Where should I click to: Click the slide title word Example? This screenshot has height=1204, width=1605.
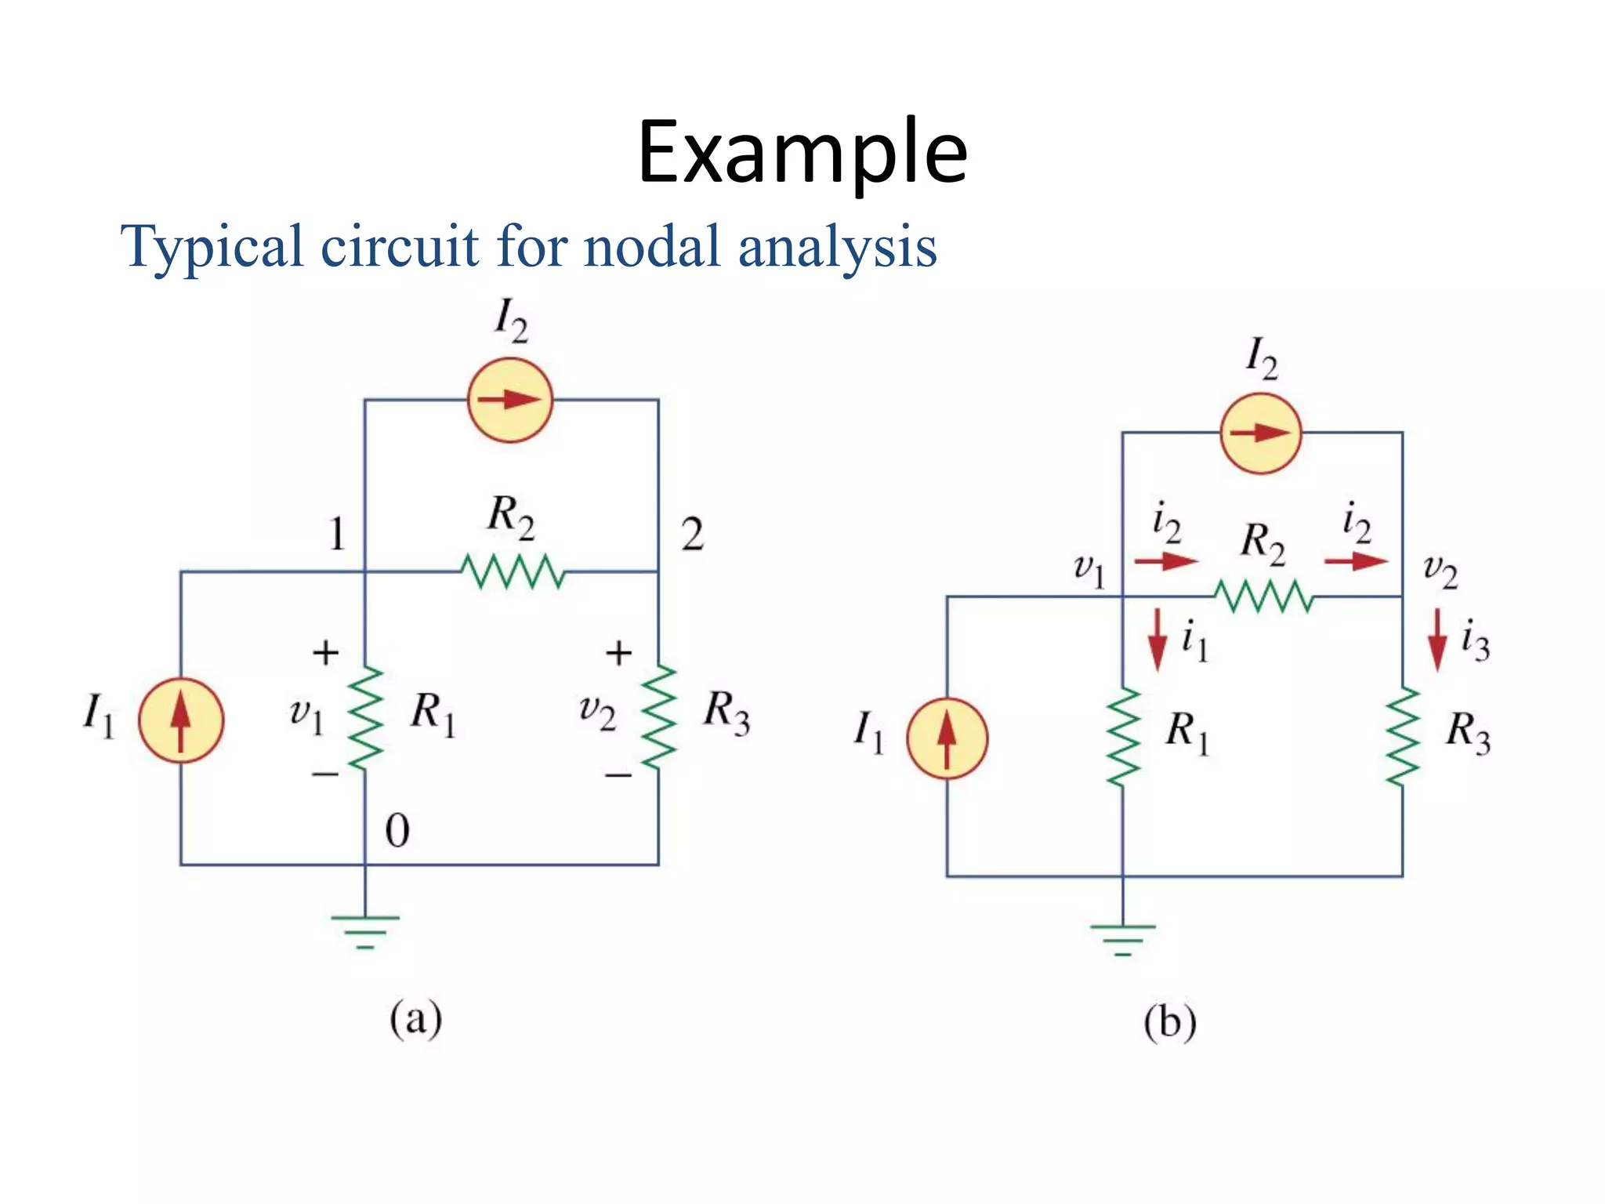pyautogui.click(x=802, y=153)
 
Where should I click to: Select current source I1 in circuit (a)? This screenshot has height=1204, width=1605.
pyautogui.click(x=181, y=720)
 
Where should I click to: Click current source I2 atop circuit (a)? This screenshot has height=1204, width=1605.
pyautogui.click(x=510, y=400)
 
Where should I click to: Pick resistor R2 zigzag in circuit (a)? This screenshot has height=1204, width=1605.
pyautogui.click(x=513, y=571)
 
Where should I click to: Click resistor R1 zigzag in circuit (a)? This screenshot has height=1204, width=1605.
pyautogui.click(x=365, y=718)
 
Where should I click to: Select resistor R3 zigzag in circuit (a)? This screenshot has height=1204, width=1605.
pyautogui.click(x=658, y=716)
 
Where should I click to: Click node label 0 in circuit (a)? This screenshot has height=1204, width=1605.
pyautogui.click(x=397, y=831)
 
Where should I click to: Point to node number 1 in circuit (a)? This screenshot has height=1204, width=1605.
pyautogui.click(x=337, y=535)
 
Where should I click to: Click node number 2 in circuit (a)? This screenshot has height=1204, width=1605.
pyautogui.click(x=692, y=535)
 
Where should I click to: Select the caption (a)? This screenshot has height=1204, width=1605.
pyautogui.click(x=416, y=1019)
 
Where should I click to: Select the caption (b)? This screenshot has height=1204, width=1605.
pyautogui.click(x=1169, y=1023)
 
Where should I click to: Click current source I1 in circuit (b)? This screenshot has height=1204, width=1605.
pyautogui.click(x=947, y=738)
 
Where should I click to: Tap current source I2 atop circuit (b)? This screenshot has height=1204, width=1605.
pyautogui.click(x=1260, y=433)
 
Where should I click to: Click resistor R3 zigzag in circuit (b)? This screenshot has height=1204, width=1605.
pyautogui.click(x=1402, y=737)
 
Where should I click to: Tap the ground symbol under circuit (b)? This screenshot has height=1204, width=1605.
pyautogui.click(x=1122, y=939)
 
